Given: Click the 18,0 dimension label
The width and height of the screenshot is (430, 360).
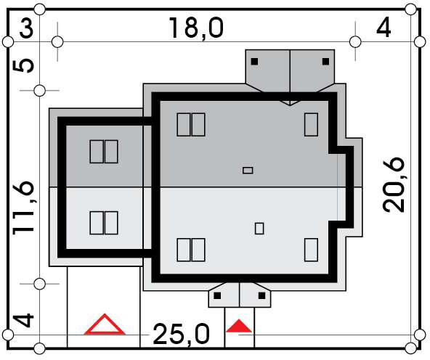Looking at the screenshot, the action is pos(196,28).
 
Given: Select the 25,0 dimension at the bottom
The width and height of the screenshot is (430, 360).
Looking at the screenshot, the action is pos(181,334).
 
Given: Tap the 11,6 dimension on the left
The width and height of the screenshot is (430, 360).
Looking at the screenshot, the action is pos(24,208).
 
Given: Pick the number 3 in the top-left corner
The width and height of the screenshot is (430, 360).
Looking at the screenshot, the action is pos(26,28).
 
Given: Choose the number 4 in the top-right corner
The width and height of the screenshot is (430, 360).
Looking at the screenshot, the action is pos(384,28).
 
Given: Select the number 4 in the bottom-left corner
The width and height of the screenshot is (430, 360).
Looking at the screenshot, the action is pos(24,321).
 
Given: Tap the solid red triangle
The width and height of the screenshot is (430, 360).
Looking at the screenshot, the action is pos(238,326).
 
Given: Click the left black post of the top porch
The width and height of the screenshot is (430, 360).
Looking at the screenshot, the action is pos(254,62).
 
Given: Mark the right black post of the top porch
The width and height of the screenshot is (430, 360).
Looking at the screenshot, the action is pos(325,62).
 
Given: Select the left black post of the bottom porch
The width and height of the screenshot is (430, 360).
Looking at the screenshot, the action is pos(217,295).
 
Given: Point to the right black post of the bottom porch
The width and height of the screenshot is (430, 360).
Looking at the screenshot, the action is pos(262,295).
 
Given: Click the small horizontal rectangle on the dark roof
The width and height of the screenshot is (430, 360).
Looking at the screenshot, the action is pos(248,171).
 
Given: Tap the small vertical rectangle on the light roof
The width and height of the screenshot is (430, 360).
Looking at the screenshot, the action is pos(259,228).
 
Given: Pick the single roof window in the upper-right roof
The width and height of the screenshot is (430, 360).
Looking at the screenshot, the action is pos(312,125).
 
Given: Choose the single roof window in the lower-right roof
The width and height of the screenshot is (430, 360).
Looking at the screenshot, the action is pos(312,250).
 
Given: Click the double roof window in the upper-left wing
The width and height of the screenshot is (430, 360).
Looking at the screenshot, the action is pos(104,152).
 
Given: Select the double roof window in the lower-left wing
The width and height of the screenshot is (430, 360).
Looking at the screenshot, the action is pos(104,223).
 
